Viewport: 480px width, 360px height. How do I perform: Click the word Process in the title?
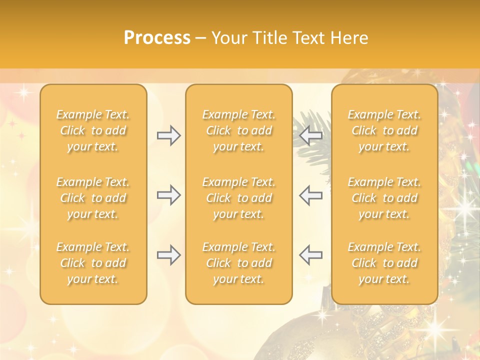tap(157, 38)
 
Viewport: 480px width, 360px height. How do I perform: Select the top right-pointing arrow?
tap(169, 135)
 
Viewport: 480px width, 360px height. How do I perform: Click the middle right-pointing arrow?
tap(169, 195)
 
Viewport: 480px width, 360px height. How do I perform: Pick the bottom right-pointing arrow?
tap(169, 255)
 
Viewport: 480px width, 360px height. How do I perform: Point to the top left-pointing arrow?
tap(311, 135)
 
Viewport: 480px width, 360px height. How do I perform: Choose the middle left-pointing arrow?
tap(311, 195)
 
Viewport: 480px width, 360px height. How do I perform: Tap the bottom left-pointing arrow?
tap(311, 255)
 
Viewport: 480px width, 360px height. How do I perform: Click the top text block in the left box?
tap(93, 130)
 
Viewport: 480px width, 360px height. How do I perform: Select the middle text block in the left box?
tap(93, 198)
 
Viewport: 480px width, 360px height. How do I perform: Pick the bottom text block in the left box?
tap(93, 263)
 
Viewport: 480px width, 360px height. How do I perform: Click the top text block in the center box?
tap(239, 130)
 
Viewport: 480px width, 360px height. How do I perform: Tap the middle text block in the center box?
tap(239, 198)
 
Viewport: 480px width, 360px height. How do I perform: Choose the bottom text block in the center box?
tap(239, 263)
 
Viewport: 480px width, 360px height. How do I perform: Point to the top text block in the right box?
tap(384, 130)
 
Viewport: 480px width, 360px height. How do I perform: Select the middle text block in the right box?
tap(384, 198)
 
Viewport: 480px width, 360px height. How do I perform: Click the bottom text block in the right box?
tap(384, 263)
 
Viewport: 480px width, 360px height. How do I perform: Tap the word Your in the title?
tap(229, 38)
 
